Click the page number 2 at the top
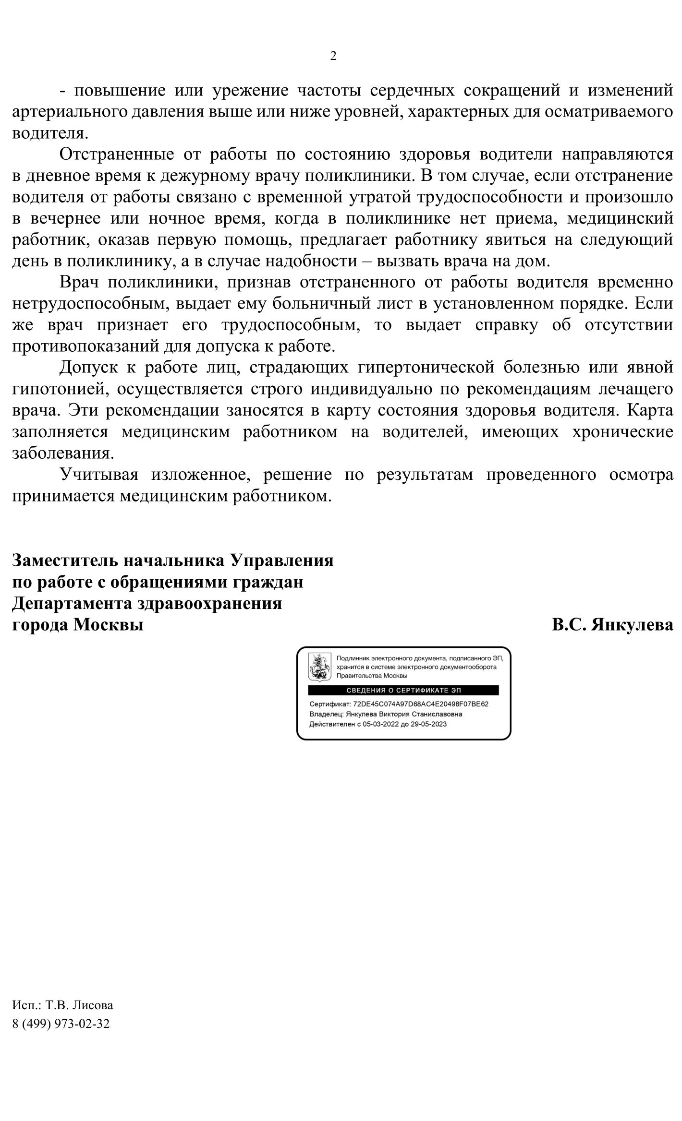333,56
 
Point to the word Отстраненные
116,155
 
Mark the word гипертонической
426,368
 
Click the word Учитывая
99,475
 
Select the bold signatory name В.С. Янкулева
612,625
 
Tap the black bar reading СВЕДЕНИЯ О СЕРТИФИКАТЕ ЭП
403,690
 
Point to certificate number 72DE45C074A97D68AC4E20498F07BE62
420,704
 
